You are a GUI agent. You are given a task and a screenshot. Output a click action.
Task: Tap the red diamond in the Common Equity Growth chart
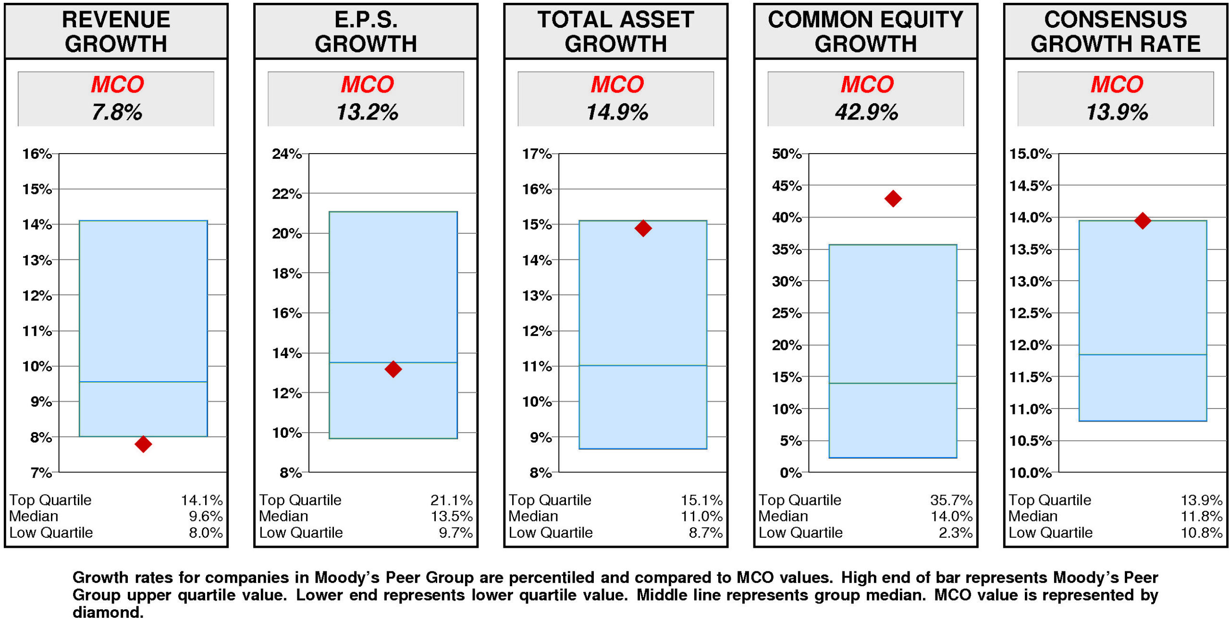pos(892,198)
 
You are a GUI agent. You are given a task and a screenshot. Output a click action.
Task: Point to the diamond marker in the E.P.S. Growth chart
pos(393,369)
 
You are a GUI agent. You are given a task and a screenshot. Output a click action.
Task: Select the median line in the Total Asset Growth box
pos(642,365)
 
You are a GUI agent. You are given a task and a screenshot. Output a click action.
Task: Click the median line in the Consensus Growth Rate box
pos(1142,354)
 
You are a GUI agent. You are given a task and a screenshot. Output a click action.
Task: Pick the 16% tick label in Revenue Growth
pos(37,154)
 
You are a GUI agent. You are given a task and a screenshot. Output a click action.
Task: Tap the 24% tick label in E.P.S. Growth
pos(286,154)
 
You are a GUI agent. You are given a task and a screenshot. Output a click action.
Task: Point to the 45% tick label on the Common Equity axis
pos(786,185)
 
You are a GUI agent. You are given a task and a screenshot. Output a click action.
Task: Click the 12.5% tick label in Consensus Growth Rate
pos(1030,313)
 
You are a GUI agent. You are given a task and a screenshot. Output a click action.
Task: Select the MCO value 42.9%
pos(866,112)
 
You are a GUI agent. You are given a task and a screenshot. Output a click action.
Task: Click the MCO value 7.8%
pos(116,112)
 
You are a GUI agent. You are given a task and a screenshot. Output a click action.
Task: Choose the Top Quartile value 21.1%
pos(451,500)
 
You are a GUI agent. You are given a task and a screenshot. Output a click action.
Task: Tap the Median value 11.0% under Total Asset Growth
pos(701,516)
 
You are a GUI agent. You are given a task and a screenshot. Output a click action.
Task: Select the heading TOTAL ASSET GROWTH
pos(615,32)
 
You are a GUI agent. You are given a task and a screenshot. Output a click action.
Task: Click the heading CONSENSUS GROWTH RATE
pos(1115,32)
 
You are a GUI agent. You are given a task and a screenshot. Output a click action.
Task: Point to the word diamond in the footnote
pos(108,613)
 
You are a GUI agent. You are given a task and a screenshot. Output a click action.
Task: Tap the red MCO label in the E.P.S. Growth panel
pos(367,84)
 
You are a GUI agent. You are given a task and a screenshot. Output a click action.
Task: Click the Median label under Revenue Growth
pos(34,516)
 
